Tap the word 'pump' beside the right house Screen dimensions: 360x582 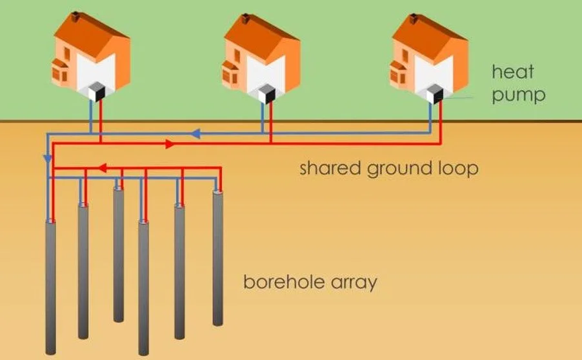pos(518,95)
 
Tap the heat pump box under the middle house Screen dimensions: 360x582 pos(266,94)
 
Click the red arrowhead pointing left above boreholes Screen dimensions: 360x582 pos(101,169)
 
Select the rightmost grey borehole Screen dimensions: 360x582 pos(218,258)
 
